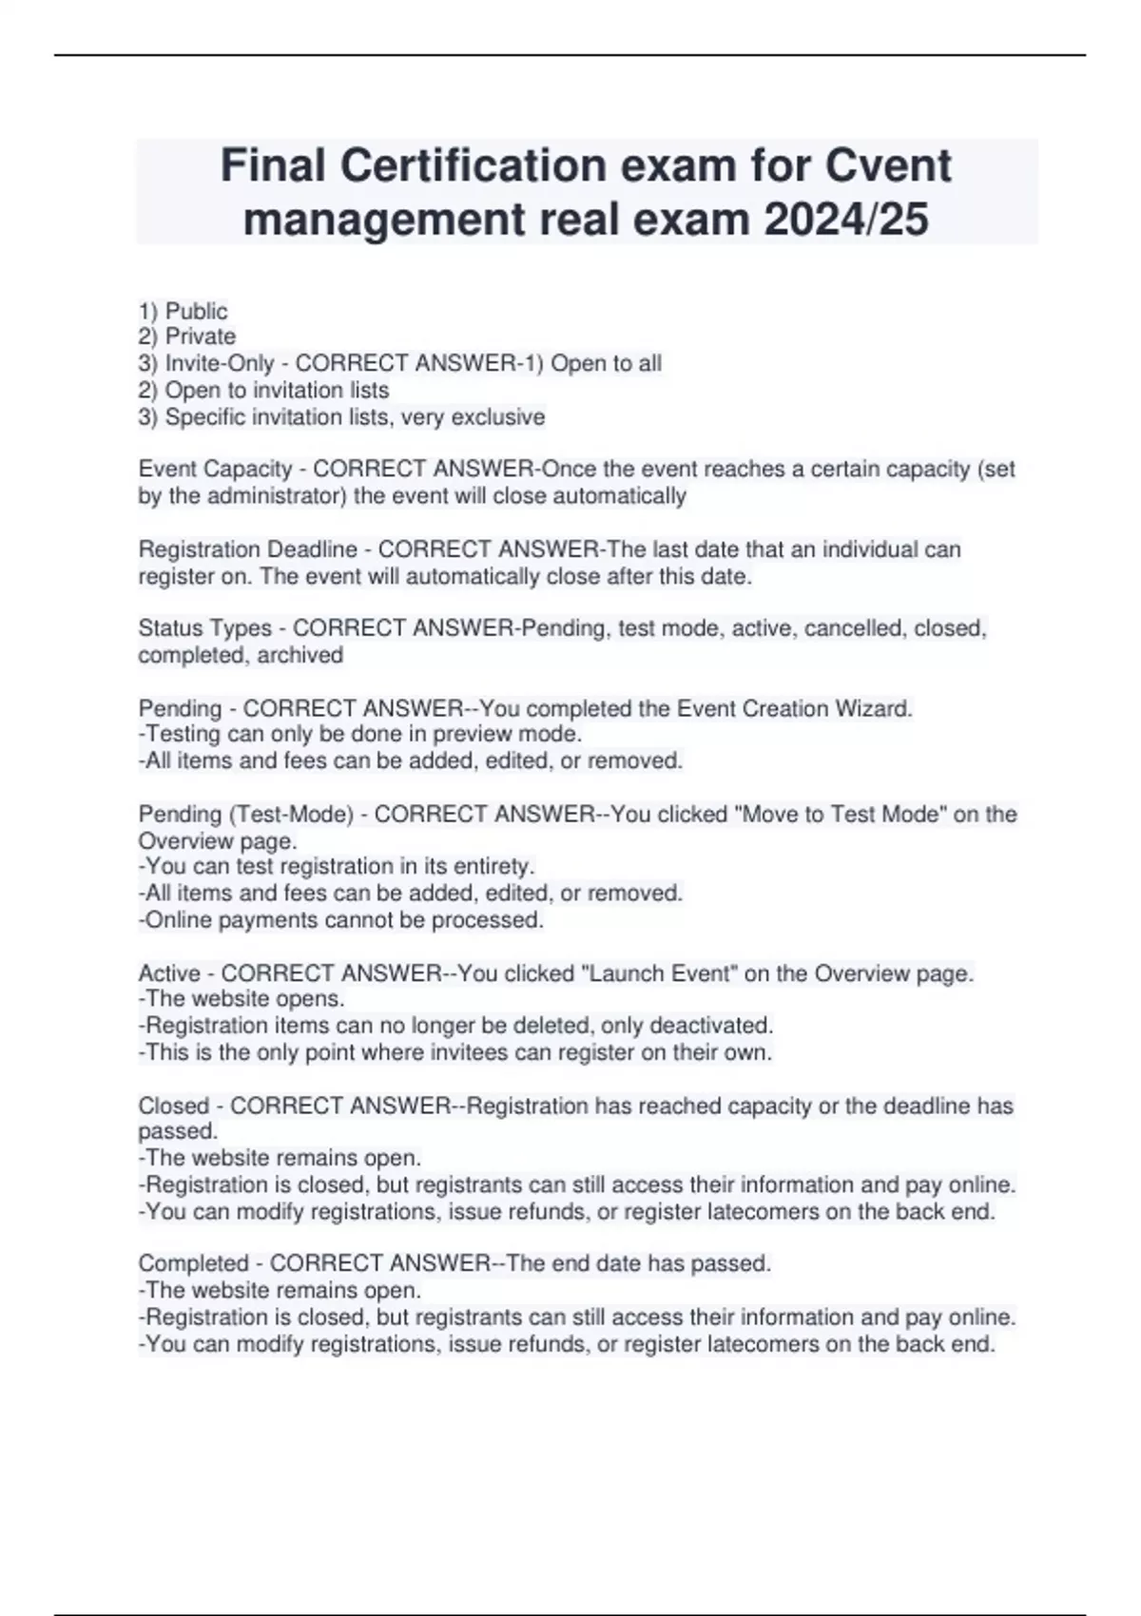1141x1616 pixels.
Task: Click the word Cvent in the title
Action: (886, 166)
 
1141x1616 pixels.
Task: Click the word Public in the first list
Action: (196, 311)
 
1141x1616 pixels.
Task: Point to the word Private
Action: (200, 337)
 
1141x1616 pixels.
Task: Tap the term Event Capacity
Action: (215, 469)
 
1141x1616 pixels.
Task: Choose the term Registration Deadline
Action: (247, 549)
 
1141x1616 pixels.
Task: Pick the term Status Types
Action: (204, 628)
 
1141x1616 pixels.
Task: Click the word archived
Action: (300, 655)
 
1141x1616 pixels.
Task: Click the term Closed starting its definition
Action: (173, 1106)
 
